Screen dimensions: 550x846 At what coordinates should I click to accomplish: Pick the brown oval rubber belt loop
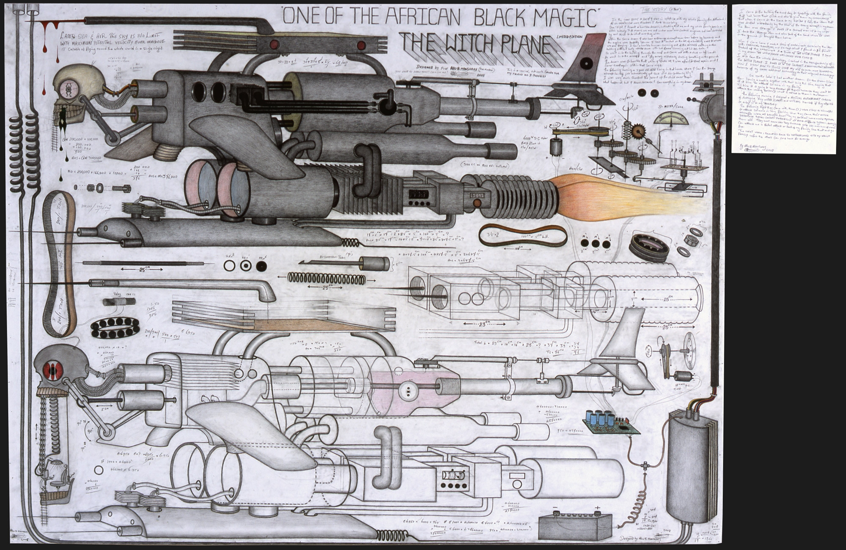click(523, 235)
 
